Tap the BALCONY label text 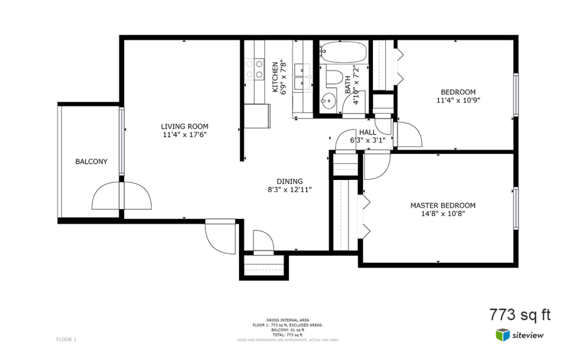91,161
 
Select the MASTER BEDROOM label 442,205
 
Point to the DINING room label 289,181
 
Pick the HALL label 367,132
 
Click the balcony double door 121,197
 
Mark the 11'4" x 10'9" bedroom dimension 458,101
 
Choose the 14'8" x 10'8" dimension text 442,214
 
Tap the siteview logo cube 502,335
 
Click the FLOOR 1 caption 66,339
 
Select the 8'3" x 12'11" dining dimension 289,190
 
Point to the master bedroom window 515,207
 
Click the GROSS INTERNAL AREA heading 288,320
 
